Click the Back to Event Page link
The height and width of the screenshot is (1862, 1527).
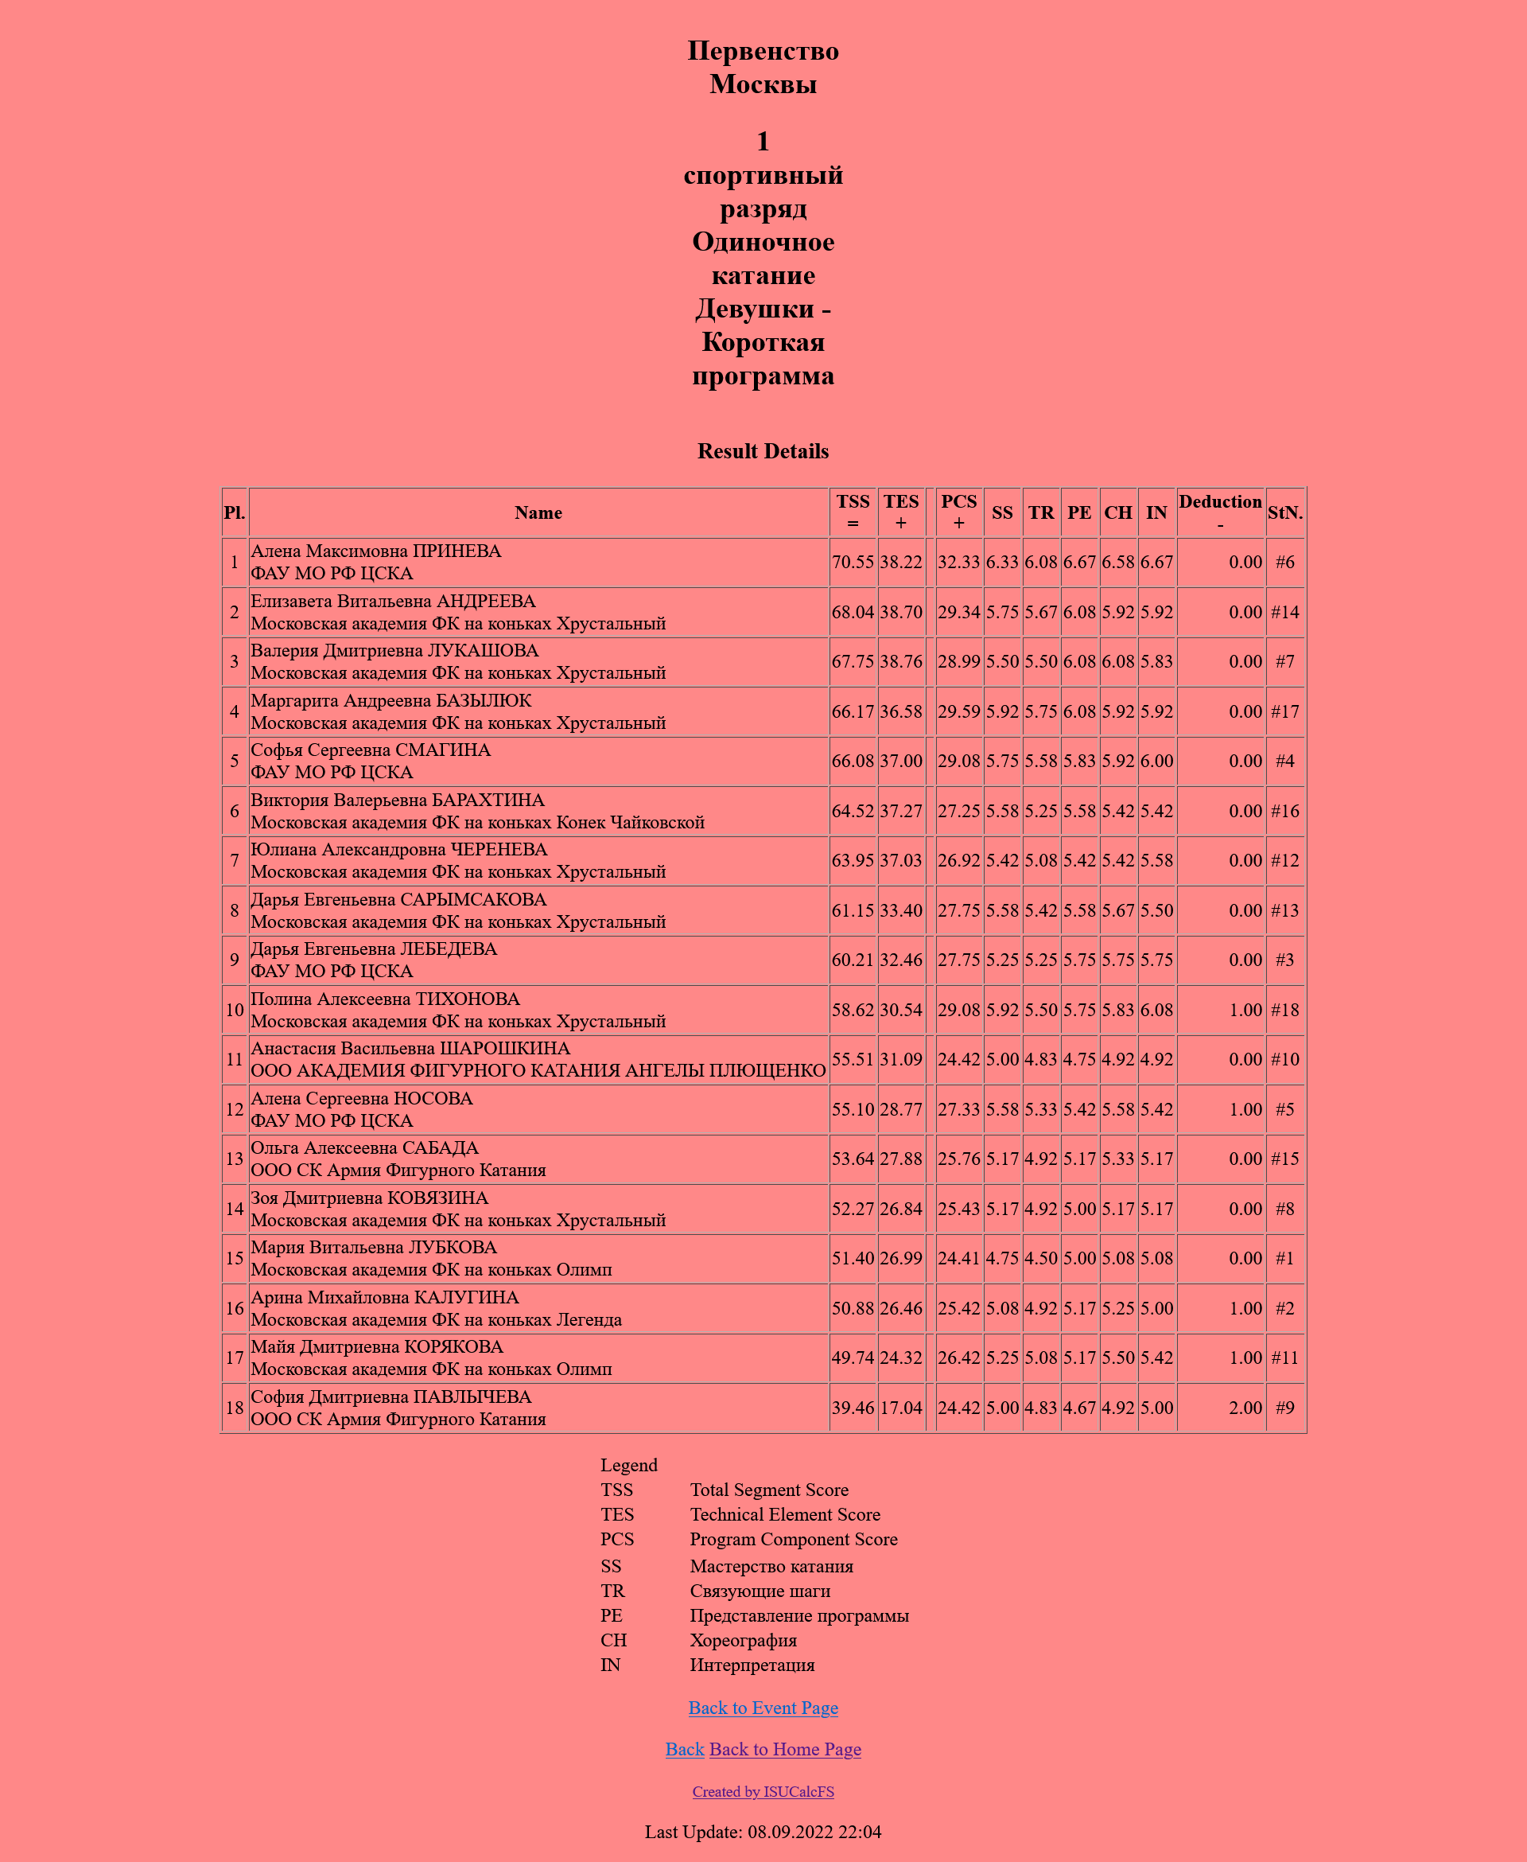763,1708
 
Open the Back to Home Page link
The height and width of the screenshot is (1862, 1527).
785,1749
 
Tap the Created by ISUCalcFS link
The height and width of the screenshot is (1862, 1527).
763,1792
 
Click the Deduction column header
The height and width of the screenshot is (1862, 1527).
1220,512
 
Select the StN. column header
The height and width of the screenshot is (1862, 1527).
1284,513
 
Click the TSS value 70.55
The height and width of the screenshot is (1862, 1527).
853,563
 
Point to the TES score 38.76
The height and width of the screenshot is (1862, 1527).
901,662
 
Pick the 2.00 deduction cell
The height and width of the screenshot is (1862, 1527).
1245,1408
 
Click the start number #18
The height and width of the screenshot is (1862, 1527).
1284,1011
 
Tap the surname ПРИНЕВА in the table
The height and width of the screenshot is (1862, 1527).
457,551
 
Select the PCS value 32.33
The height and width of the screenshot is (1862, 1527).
958,563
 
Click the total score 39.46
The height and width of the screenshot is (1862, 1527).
853,1408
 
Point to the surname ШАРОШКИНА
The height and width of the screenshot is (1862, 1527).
504,1049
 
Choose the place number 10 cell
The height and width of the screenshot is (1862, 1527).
234,1011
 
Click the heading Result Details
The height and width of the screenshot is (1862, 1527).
763,451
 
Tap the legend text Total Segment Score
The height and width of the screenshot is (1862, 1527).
769,1490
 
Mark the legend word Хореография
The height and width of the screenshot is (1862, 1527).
744,1640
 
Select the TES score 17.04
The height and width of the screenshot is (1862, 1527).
901,1408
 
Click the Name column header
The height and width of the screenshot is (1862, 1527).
538,513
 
